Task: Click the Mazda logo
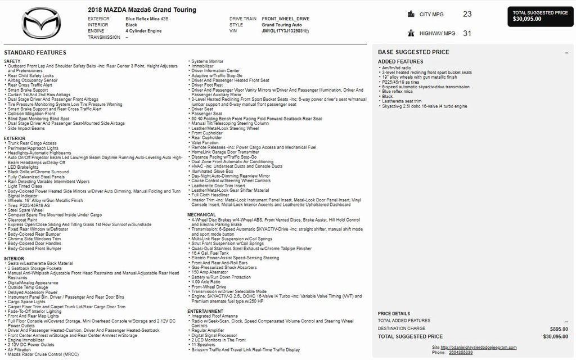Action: (x=42, y=24)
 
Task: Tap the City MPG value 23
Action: (x=467, y=14)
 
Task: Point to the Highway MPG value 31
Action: (x=467, y=33)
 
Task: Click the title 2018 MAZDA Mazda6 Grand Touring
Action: (x=142, y=10)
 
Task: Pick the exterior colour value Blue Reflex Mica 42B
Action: (x=147, y=19)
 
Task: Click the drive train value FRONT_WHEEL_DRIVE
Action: (x=286, y=19)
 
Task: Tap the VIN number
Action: (x=284, y=31)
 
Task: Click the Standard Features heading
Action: (x=35, y=52)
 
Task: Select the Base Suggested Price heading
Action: (x=413, y=52)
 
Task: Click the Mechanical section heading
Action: (x=201, y=215)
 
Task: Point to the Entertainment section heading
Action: (x=205, y=311)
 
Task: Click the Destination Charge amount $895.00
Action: (x=559, y=328)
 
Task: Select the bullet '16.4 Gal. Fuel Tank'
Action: (x=210, y=253)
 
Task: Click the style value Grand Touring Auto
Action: (x=282, y=25)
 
